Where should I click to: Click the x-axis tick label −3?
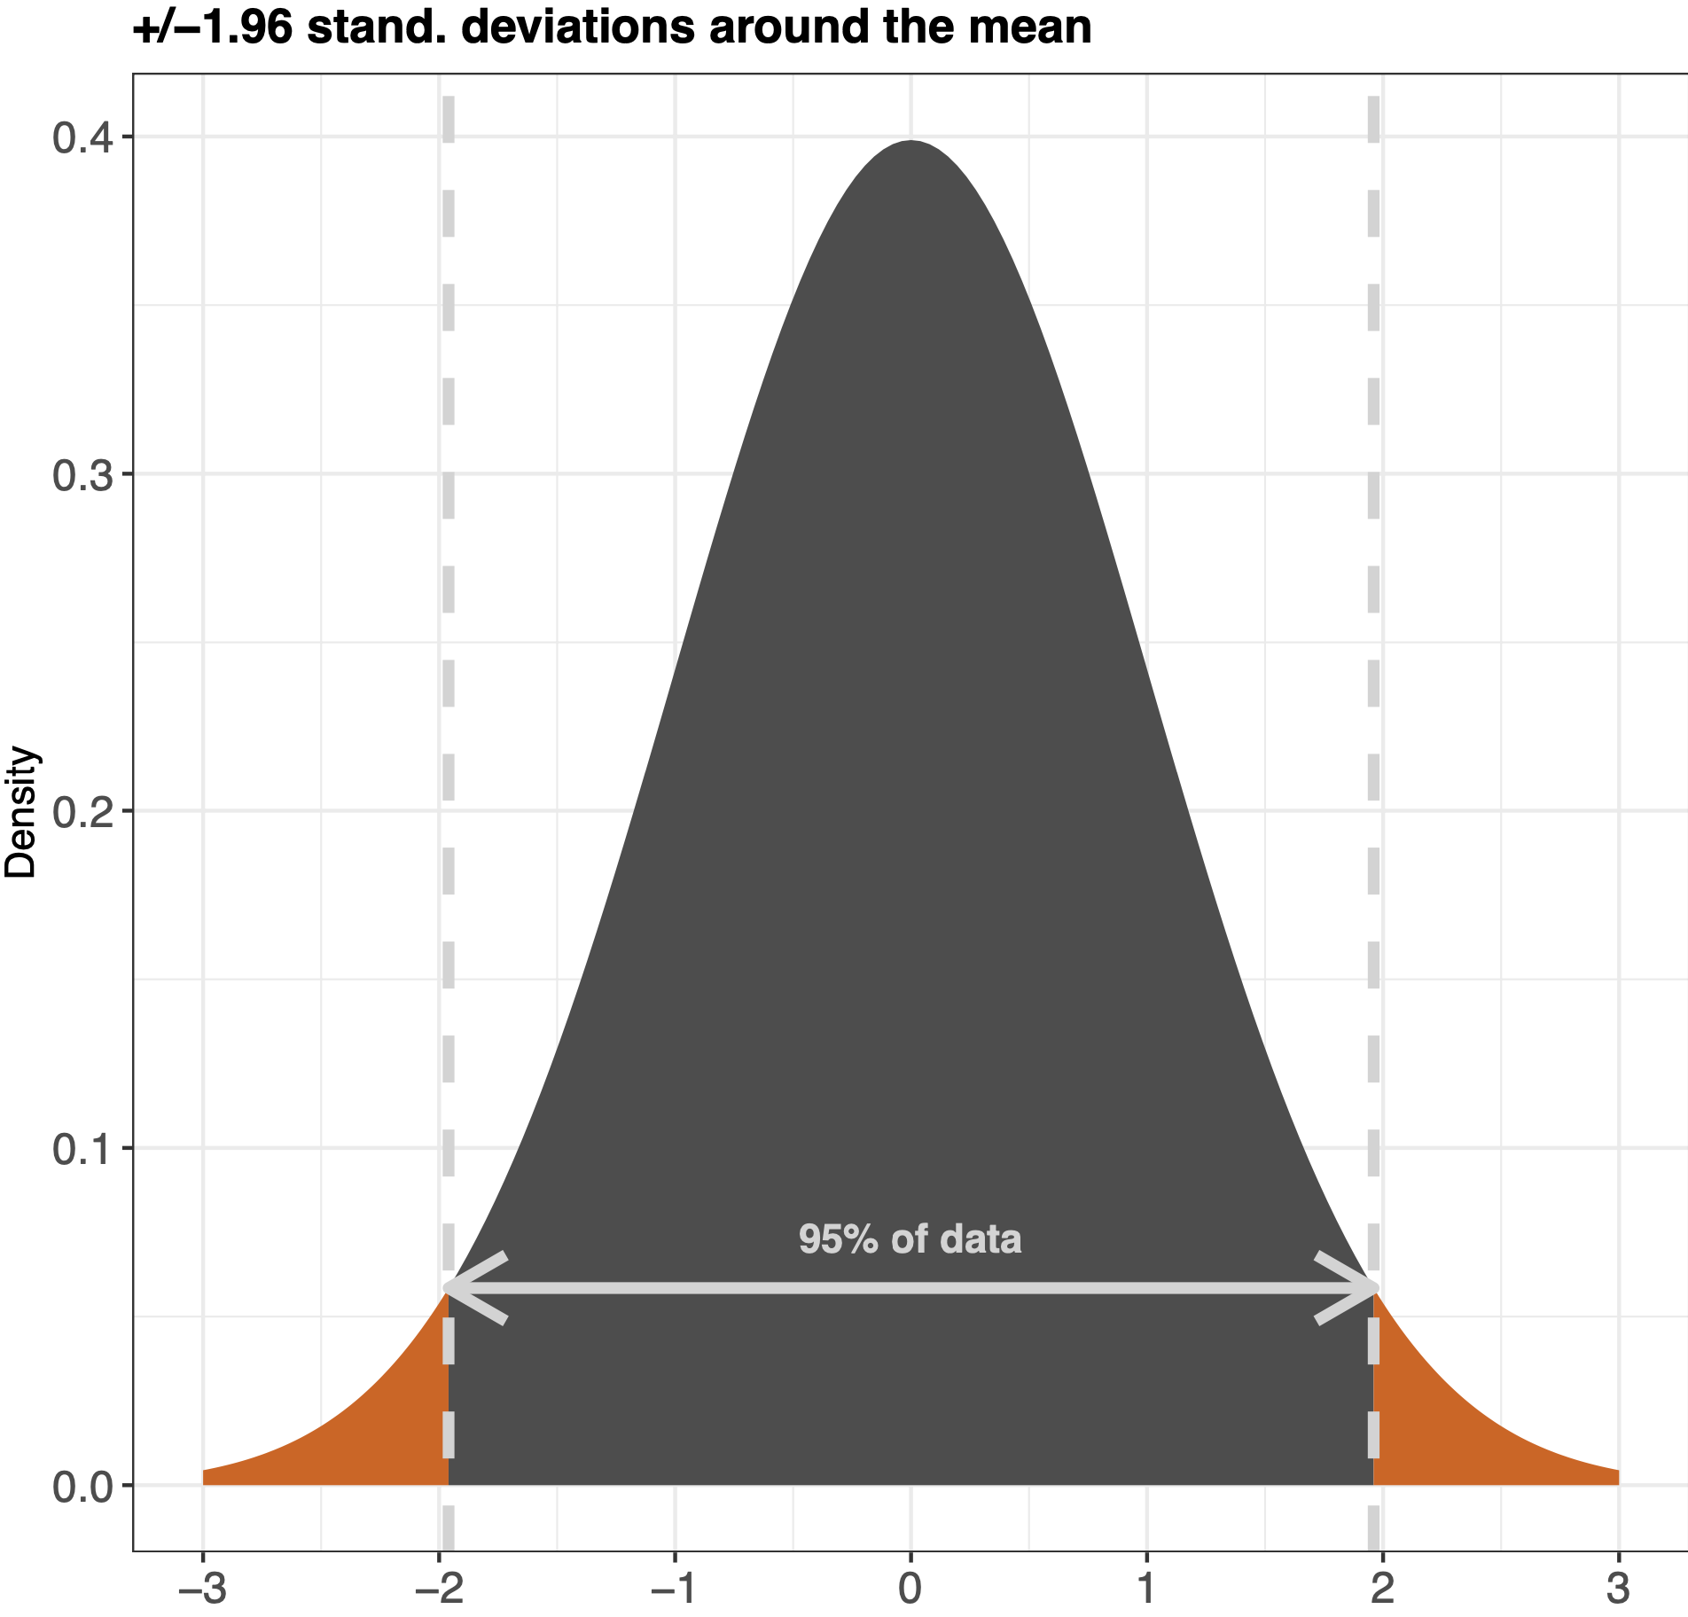(x=203, y=1590)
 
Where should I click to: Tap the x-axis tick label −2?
(x=439, y=1590)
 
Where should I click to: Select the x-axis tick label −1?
(x=675, y=1590)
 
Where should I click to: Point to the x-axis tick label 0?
(x=910, y=1590)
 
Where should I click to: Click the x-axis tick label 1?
(x=1146, y=1590)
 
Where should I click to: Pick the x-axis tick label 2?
(x=1382, y=1590)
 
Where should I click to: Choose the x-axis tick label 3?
(x=1618, y=1590)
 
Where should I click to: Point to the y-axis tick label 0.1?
(x=82, y=1149)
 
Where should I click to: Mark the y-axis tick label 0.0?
(x=82, y=1487)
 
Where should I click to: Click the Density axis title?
(x=21, y=812)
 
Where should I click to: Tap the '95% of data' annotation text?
(x=910, y=1239)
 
